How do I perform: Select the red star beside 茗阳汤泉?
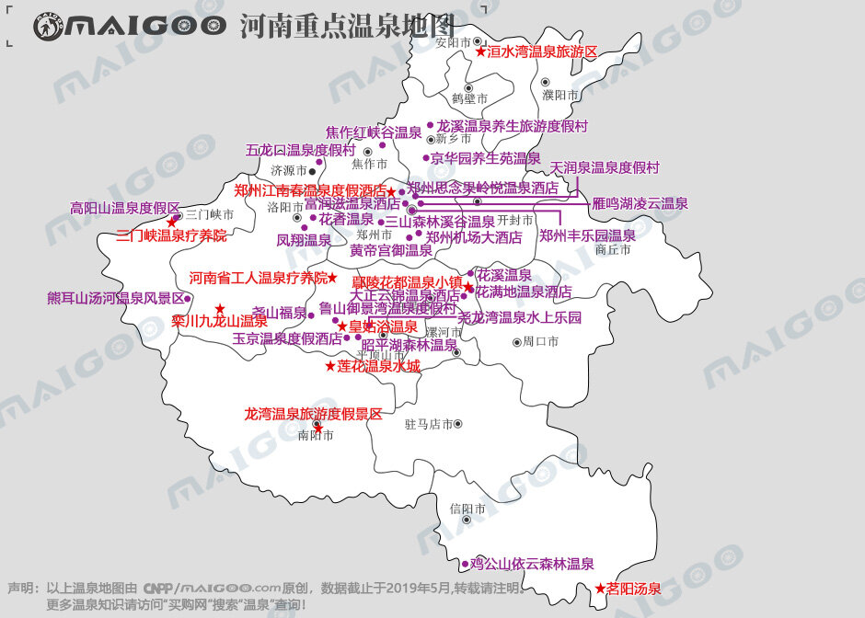600,589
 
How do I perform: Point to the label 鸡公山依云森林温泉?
532,564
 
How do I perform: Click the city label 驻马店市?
429,425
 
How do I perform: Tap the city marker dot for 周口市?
517,342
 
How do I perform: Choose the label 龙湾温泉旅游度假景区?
313,414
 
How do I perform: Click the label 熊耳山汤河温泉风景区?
116,298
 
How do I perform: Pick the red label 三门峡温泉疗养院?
171,235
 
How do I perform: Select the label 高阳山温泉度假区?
125,208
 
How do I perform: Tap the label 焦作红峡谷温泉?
374,132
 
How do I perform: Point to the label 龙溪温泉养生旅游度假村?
512,126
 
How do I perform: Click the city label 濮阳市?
560,96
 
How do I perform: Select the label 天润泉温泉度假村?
605,167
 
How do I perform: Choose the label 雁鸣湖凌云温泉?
640,203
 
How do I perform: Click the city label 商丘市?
613,249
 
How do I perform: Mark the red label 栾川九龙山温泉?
219,321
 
